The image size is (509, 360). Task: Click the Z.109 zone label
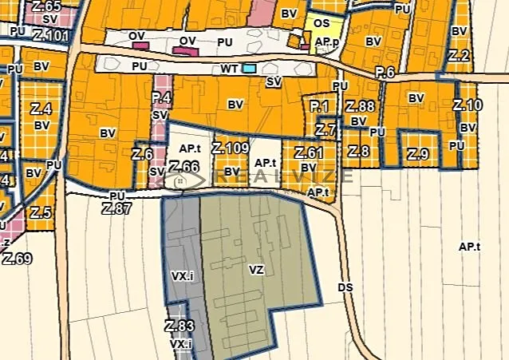pyautogui.click(x=231, y=148)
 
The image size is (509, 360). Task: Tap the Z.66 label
pyautogui.click(x=183, y=167)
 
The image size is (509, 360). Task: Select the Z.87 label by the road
pyautogui.click(x=116, y=208)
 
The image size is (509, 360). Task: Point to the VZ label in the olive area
pyautogui.click(x=256, y=271)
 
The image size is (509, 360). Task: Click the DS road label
pyautogui.click(x=345, y=287)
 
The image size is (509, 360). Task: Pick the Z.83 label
pyautogui.click(x=180, y=326)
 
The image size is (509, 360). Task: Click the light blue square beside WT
pyautogui.click(x=250, y=69)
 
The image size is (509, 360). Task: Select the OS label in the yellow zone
pyautogui.click(x=322, y=24)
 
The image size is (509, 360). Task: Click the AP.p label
pyautogui.click(x=327, y=40)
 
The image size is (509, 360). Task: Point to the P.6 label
pyautogui.click(x=385, y=73)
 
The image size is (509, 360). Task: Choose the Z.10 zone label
pyautogui.click(x=468, y=105)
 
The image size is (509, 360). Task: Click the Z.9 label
pyautogui.click(x=419, y=153)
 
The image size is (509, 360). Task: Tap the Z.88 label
pyautogui.click(x=360, y=106)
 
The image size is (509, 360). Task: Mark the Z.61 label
pyautogui.click(x=309, y=152)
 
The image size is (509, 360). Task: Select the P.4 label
pyautogui.click(x=161, y=99)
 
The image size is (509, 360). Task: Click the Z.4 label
pyautogui.click(x=42, y=109)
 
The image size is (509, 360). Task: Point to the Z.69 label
pyautogui.click(x=17, y=258)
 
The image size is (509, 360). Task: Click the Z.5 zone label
pyautogui.click(x=41, y=213)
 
